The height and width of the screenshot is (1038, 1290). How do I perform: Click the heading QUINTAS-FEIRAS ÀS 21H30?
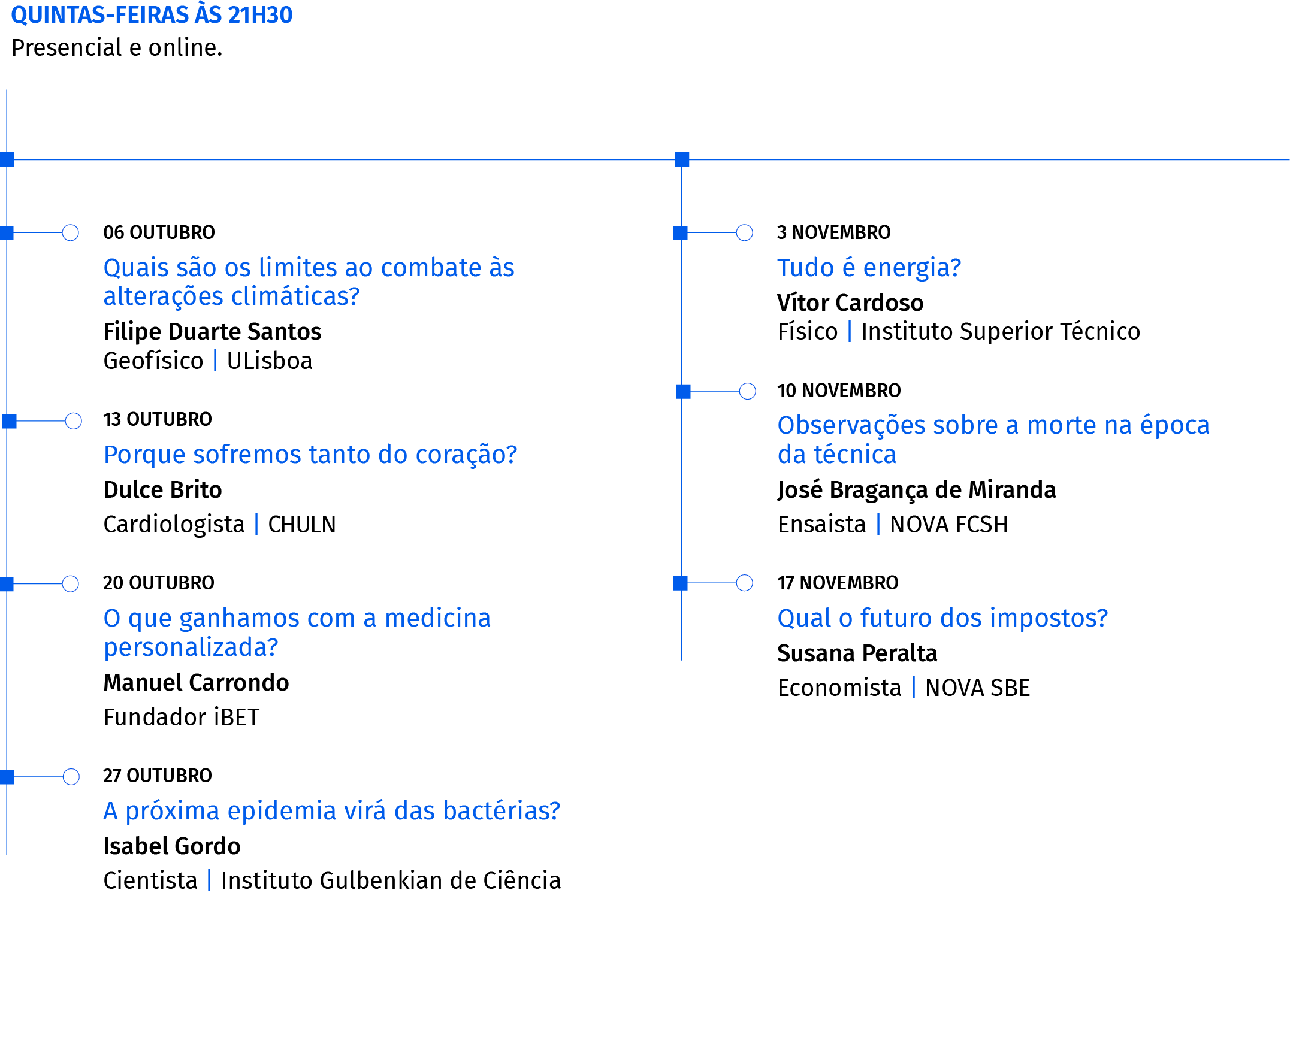(152, 15)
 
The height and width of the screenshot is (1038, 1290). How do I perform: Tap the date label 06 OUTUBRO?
(159, 232)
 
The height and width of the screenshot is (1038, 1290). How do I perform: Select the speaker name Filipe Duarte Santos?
(212, 332)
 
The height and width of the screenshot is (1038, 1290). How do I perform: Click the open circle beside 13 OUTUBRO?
(74, 421)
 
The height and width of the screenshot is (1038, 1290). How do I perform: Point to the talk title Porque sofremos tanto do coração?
(310, 455)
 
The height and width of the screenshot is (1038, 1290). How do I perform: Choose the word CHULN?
(302, 525)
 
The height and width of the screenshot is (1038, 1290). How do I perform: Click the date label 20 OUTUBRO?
(159, 583)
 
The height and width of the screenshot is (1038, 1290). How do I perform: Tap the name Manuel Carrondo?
(196, 683)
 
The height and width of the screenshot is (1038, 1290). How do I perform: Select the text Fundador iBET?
(182, 718)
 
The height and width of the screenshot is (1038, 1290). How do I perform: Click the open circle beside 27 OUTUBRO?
(71, 777)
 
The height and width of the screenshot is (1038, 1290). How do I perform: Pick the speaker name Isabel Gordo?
(172, 846)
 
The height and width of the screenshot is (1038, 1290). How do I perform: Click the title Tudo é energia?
(869, 268)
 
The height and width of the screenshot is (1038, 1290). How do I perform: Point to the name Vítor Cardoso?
(850, 303)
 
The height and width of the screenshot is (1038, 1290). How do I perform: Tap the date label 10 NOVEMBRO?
(839, 391)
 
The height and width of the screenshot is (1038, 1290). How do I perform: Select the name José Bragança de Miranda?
(917, 491)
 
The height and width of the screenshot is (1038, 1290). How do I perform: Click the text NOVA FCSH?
(949, 525)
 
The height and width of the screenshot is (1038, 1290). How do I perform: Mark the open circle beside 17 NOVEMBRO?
(745, 583)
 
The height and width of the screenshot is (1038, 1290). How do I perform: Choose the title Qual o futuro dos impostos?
(942, 618)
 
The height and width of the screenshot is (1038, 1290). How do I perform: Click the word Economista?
(839, 688)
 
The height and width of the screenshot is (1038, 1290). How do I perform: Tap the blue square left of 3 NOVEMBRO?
(681, 233)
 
